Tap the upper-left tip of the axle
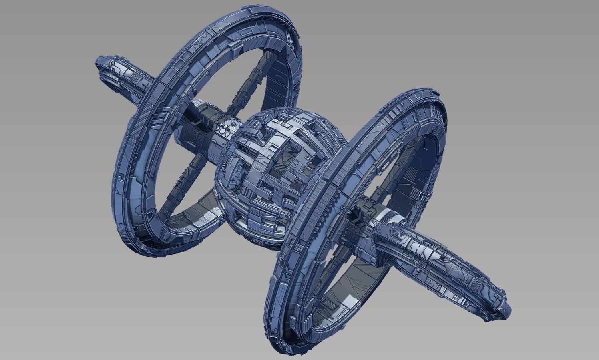[x=100, y=66]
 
